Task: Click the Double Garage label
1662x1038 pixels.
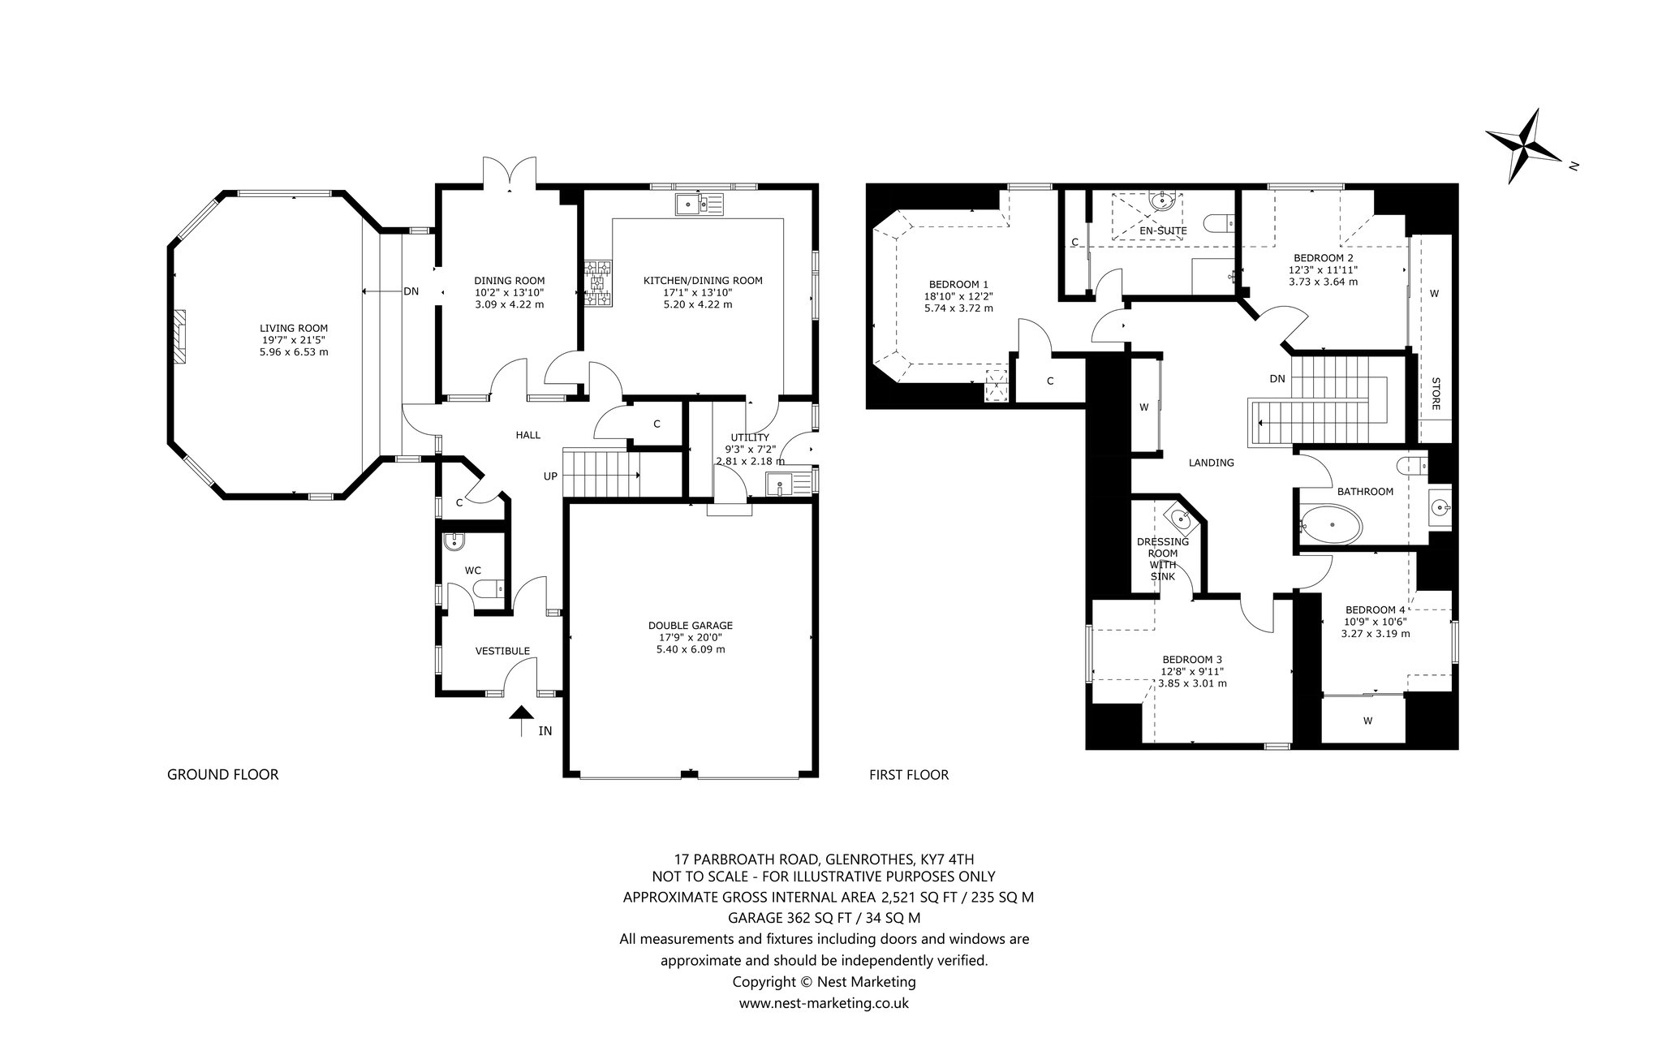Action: point(691,626)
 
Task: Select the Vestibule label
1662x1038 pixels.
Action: point(502,651)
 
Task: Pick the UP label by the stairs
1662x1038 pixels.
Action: point(550,476)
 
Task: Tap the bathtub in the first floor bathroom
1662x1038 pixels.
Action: point(1331,523)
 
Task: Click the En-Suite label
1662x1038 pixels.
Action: point(1163,231)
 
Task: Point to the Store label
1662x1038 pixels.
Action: point(1435,394)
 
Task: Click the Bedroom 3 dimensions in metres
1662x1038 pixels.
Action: point(1192,683)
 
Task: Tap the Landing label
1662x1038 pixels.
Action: point(1211,463)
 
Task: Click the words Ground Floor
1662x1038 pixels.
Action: point(222,775)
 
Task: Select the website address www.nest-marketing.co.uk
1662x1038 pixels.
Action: point(824,1003)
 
